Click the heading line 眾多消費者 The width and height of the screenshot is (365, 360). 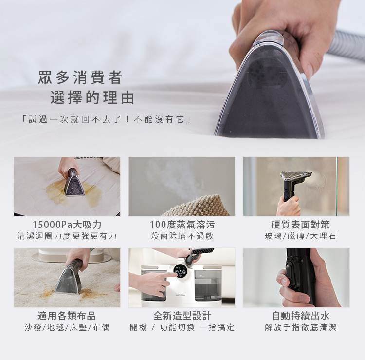click(x=80, y=77)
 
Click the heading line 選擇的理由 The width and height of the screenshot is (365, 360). click(x=92, y=97)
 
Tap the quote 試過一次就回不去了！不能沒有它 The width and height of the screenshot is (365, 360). click(x=106, y=119)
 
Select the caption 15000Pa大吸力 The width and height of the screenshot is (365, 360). click(x=67, y=225)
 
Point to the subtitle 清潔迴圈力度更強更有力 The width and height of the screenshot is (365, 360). click(x=67, y=236)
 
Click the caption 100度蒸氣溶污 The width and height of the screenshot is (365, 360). click(x=182, y=225)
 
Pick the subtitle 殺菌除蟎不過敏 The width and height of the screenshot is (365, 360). click(x=182, y=236)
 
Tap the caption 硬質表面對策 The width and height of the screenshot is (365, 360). click(x=300, y=225)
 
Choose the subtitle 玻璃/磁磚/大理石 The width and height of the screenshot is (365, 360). click(x=300, y=236)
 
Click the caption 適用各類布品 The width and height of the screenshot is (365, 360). click(x=67, y=316)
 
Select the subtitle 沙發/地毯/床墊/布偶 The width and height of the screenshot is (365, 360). click(x=67, y=328)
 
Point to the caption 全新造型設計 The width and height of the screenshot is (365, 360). click(x=182, y=316)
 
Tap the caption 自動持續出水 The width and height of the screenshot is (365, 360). click(x=300, y=316)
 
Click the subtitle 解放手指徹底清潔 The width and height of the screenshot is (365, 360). click(x=300, y=328)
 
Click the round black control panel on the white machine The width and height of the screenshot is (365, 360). click(x=180, y=271)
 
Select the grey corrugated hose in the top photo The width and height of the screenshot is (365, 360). click(x=347, y=45)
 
